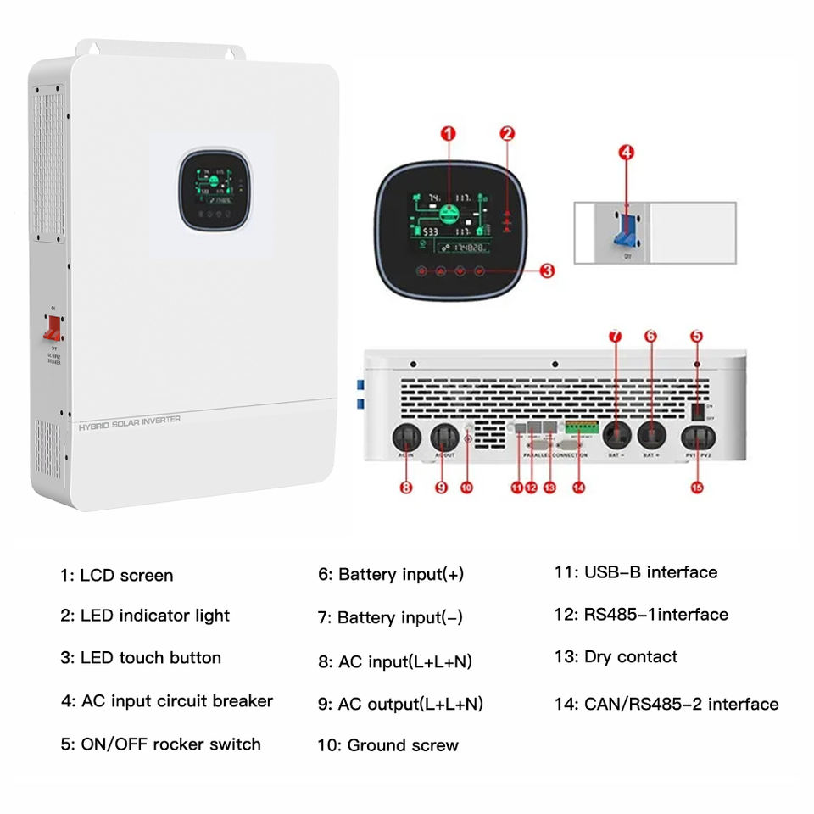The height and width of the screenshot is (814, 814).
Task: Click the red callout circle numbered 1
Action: pyautogui.click(x=449, y=133)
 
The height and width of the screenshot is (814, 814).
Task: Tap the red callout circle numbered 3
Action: pyautogui.click(x=547, y=270)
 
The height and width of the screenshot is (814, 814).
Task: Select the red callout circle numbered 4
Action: pyautogui.click(x=626, y=153)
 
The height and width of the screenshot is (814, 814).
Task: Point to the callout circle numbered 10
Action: pyautogui.click(x=466, y=487)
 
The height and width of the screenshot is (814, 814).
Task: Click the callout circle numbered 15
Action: pyautogui.click(x=697, y=488)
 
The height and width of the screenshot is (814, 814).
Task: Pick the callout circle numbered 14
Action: pyautogui.click(x=579, y=488)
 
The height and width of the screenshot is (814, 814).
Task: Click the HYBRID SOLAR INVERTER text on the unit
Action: pyautogui.click(x=129, y=420)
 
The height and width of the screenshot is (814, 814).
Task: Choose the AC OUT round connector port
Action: pyautogui.click(x=445, y=438)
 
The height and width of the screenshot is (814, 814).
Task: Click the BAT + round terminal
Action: pyautogui.click(x=651, y=436)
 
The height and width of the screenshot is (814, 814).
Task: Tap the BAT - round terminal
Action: pyautogui.click(x=616, y=436)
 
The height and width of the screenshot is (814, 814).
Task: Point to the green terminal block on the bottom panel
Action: pyautogui.click(x=580, y=427)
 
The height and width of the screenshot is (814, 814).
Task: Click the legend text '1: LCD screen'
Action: pyautogui.click(x=116, y=576)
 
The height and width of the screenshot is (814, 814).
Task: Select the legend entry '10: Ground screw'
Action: pyautogui.click(x=388, y=746)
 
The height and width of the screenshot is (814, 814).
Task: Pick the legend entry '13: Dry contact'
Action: pyautogui.click(x=616, y=657)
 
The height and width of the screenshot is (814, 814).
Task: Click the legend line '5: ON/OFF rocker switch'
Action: pyautogui.click(x=160, y=744)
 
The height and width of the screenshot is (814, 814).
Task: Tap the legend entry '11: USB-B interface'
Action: pyautogui.click(x=635, y=572)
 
